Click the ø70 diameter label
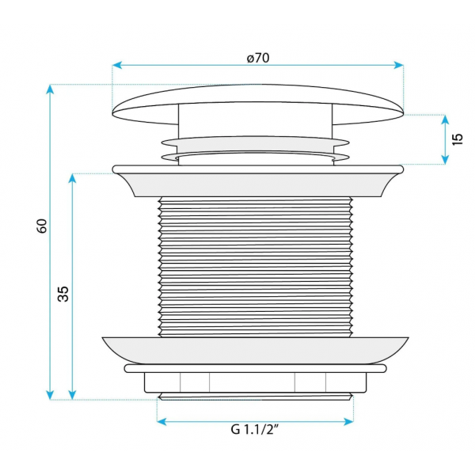pos(258,58)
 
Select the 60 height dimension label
pos(42,226)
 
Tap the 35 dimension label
pos(63,294)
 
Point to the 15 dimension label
pos(458,139)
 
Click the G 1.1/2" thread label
pos(254,429)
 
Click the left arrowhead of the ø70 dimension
pos(117,65)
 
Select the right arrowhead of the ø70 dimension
pos(399,65)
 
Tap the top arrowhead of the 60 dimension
pos(50,89)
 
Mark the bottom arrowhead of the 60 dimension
pos(50,395)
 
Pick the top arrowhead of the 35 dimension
pos(72,179)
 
